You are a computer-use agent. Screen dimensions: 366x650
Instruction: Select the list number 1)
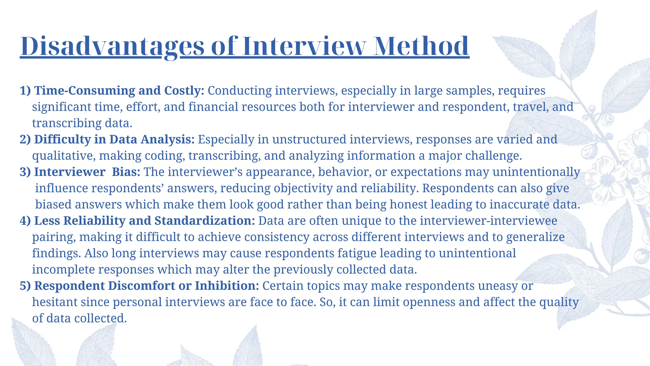(25, 91)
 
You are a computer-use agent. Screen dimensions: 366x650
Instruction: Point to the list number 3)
(25, 172)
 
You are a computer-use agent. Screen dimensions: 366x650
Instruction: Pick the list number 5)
(25, 286)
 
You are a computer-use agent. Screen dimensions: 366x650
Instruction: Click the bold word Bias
(126, 172)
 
